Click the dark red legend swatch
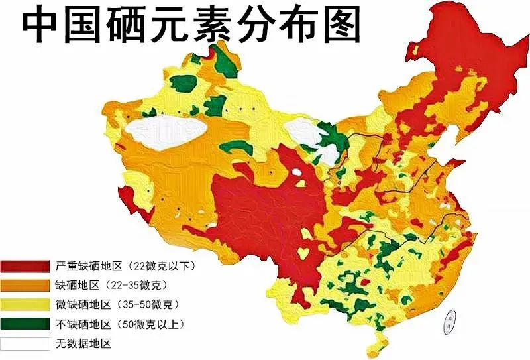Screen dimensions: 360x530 click(x=25, y=267)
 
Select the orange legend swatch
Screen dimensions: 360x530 click(x=25, y=286)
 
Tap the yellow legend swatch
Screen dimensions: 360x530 click(x=25, y=305)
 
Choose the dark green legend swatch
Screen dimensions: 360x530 click(x=25, y=324)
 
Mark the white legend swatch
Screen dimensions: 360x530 click(x=25, y=343)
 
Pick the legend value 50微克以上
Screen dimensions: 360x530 click(x=148, y=324)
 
